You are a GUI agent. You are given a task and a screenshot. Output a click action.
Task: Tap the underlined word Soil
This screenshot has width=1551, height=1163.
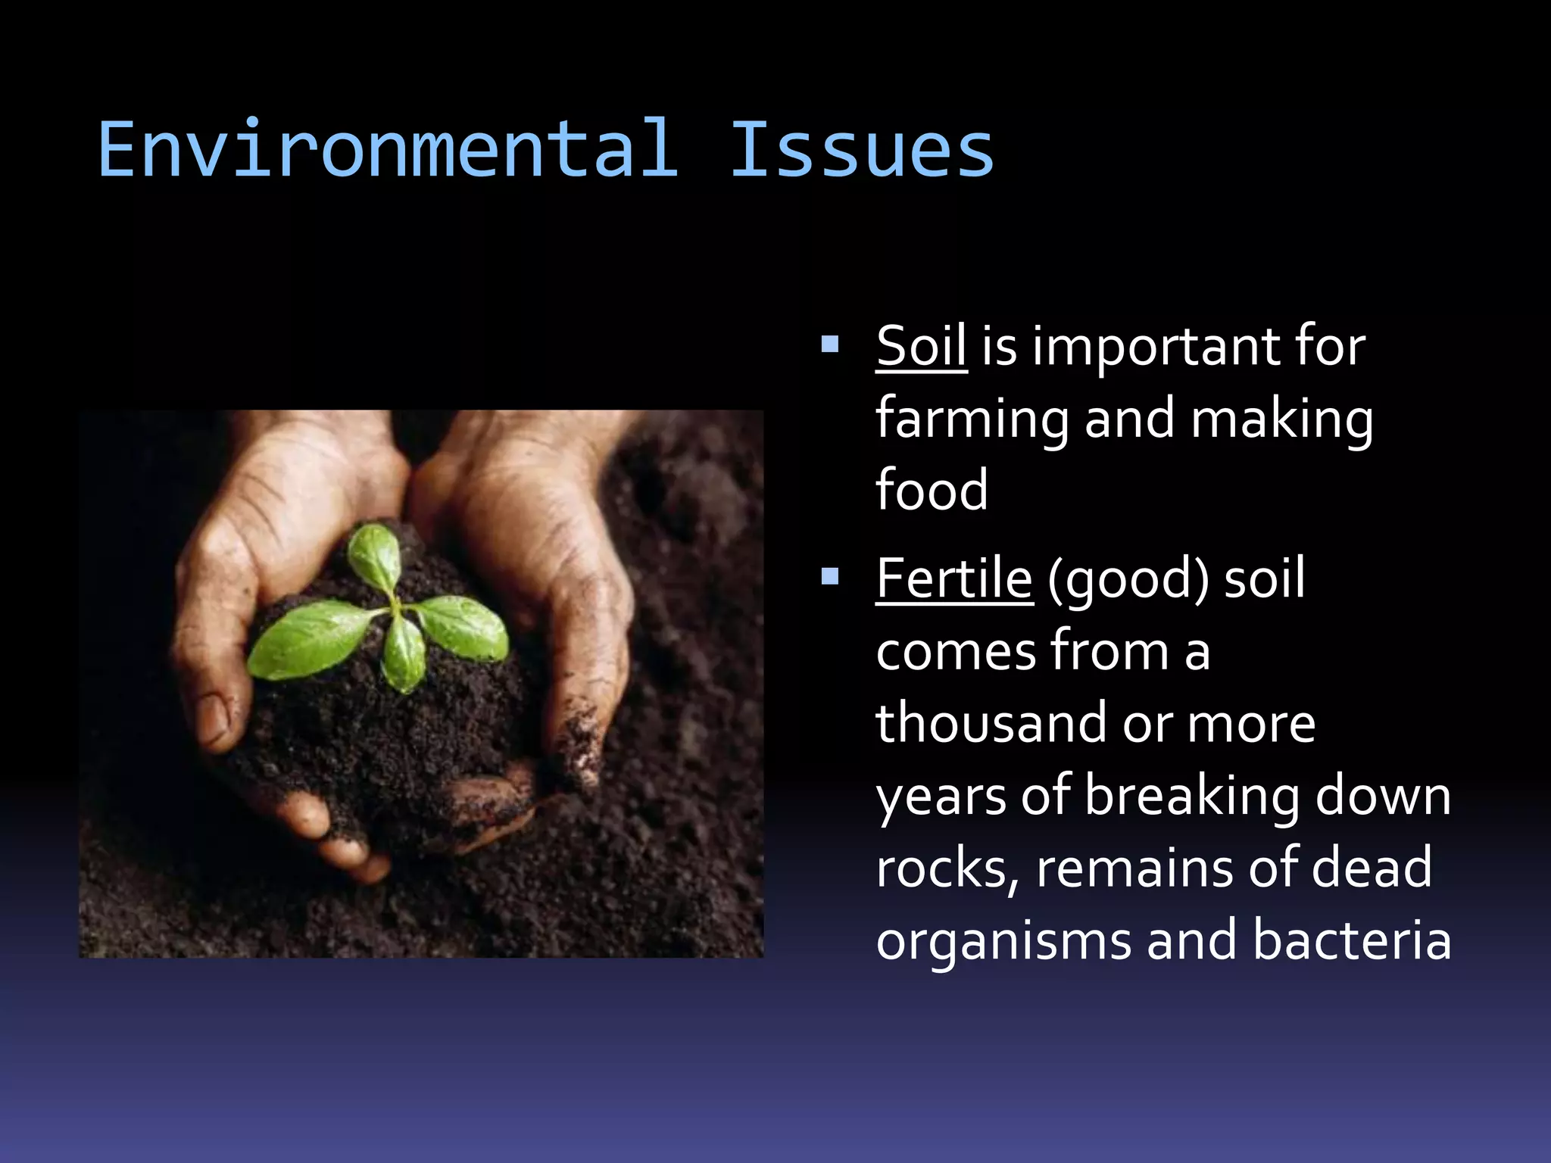921,347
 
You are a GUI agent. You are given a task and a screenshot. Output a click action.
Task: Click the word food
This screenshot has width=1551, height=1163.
932,491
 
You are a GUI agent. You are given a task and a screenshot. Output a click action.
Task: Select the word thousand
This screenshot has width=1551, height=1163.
991,723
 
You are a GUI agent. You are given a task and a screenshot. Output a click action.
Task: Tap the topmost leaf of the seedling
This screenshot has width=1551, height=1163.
376,557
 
